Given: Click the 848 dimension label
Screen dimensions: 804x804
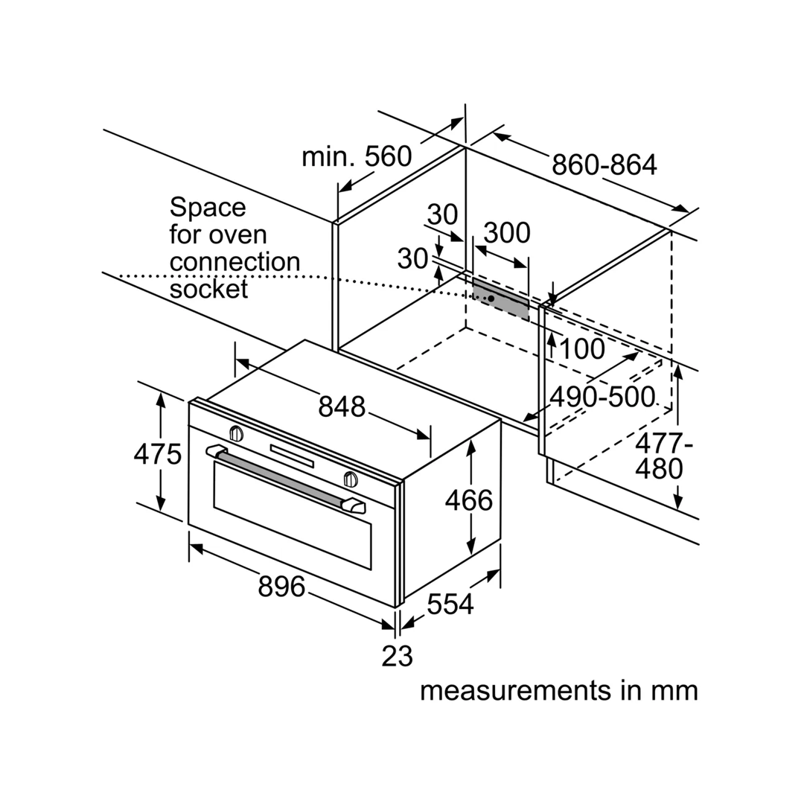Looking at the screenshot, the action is [x=342, y=406].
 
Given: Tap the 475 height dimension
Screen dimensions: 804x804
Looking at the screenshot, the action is [x=157, y=454].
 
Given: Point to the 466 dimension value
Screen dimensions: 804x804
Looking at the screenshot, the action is [x=469, y=500].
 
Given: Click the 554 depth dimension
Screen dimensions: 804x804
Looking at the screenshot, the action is [x=450, y=604].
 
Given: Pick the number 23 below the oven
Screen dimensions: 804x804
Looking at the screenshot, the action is [x=397, y=656].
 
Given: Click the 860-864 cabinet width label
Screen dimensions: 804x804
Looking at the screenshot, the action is [x=604, y=165].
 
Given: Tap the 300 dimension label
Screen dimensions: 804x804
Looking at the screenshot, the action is [x=507, y=233].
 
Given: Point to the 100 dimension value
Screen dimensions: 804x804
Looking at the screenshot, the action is [x=582, y=349].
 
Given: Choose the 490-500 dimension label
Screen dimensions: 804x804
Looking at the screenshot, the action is [x=602, y=397].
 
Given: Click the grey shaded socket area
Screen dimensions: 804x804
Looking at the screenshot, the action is [x=501, y=299].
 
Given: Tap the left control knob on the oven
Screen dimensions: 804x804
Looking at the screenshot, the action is [x=236, y=434].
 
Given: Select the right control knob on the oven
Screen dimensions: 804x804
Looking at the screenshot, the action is [x=351, y=479].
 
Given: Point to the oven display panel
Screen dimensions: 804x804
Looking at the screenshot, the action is [x=292, y=456].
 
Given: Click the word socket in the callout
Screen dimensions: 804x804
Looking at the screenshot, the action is [x=208, y=289].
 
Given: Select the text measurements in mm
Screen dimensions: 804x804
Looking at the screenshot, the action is [x=559, y=690].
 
